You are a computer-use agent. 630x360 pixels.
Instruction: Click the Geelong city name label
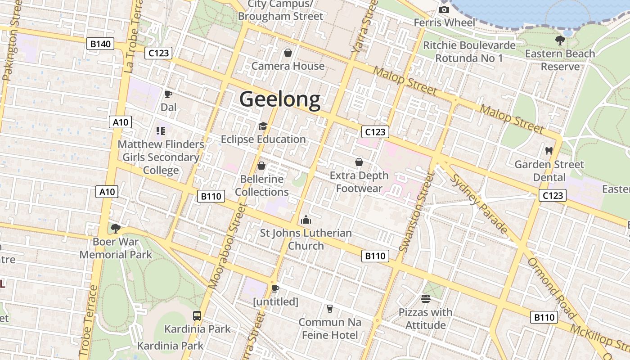point(279,99)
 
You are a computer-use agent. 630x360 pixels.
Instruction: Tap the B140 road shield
point(100,44)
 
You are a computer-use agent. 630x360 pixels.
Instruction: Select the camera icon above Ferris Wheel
point(444,9)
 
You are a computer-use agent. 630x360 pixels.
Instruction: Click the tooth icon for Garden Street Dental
point(549,151)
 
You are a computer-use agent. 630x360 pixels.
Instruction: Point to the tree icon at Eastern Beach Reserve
point(560,40)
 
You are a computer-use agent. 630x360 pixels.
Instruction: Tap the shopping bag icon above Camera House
point(288,53)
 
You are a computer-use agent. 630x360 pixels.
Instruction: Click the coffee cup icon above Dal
point(168,94)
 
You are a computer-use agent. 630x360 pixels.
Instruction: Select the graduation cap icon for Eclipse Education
point(263,126)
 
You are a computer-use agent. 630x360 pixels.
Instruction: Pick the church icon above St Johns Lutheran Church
point(306,220)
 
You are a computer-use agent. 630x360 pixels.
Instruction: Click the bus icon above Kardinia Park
point(197,315)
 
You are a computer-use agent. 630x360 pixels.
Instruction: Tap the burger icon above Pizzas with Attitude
point(426,298)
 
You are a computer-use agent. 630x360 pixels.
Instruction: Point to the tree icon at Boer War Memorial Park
point(116,228)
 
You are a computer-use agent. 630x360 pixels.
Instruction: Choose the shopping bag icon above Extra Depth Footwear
point(359,162)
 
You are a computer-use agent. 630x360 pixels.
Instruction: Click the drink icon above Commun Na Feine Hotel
point(330,309)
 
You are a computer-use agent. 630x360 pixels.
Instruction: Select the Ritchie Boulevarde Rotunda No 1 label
point(469,52)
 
